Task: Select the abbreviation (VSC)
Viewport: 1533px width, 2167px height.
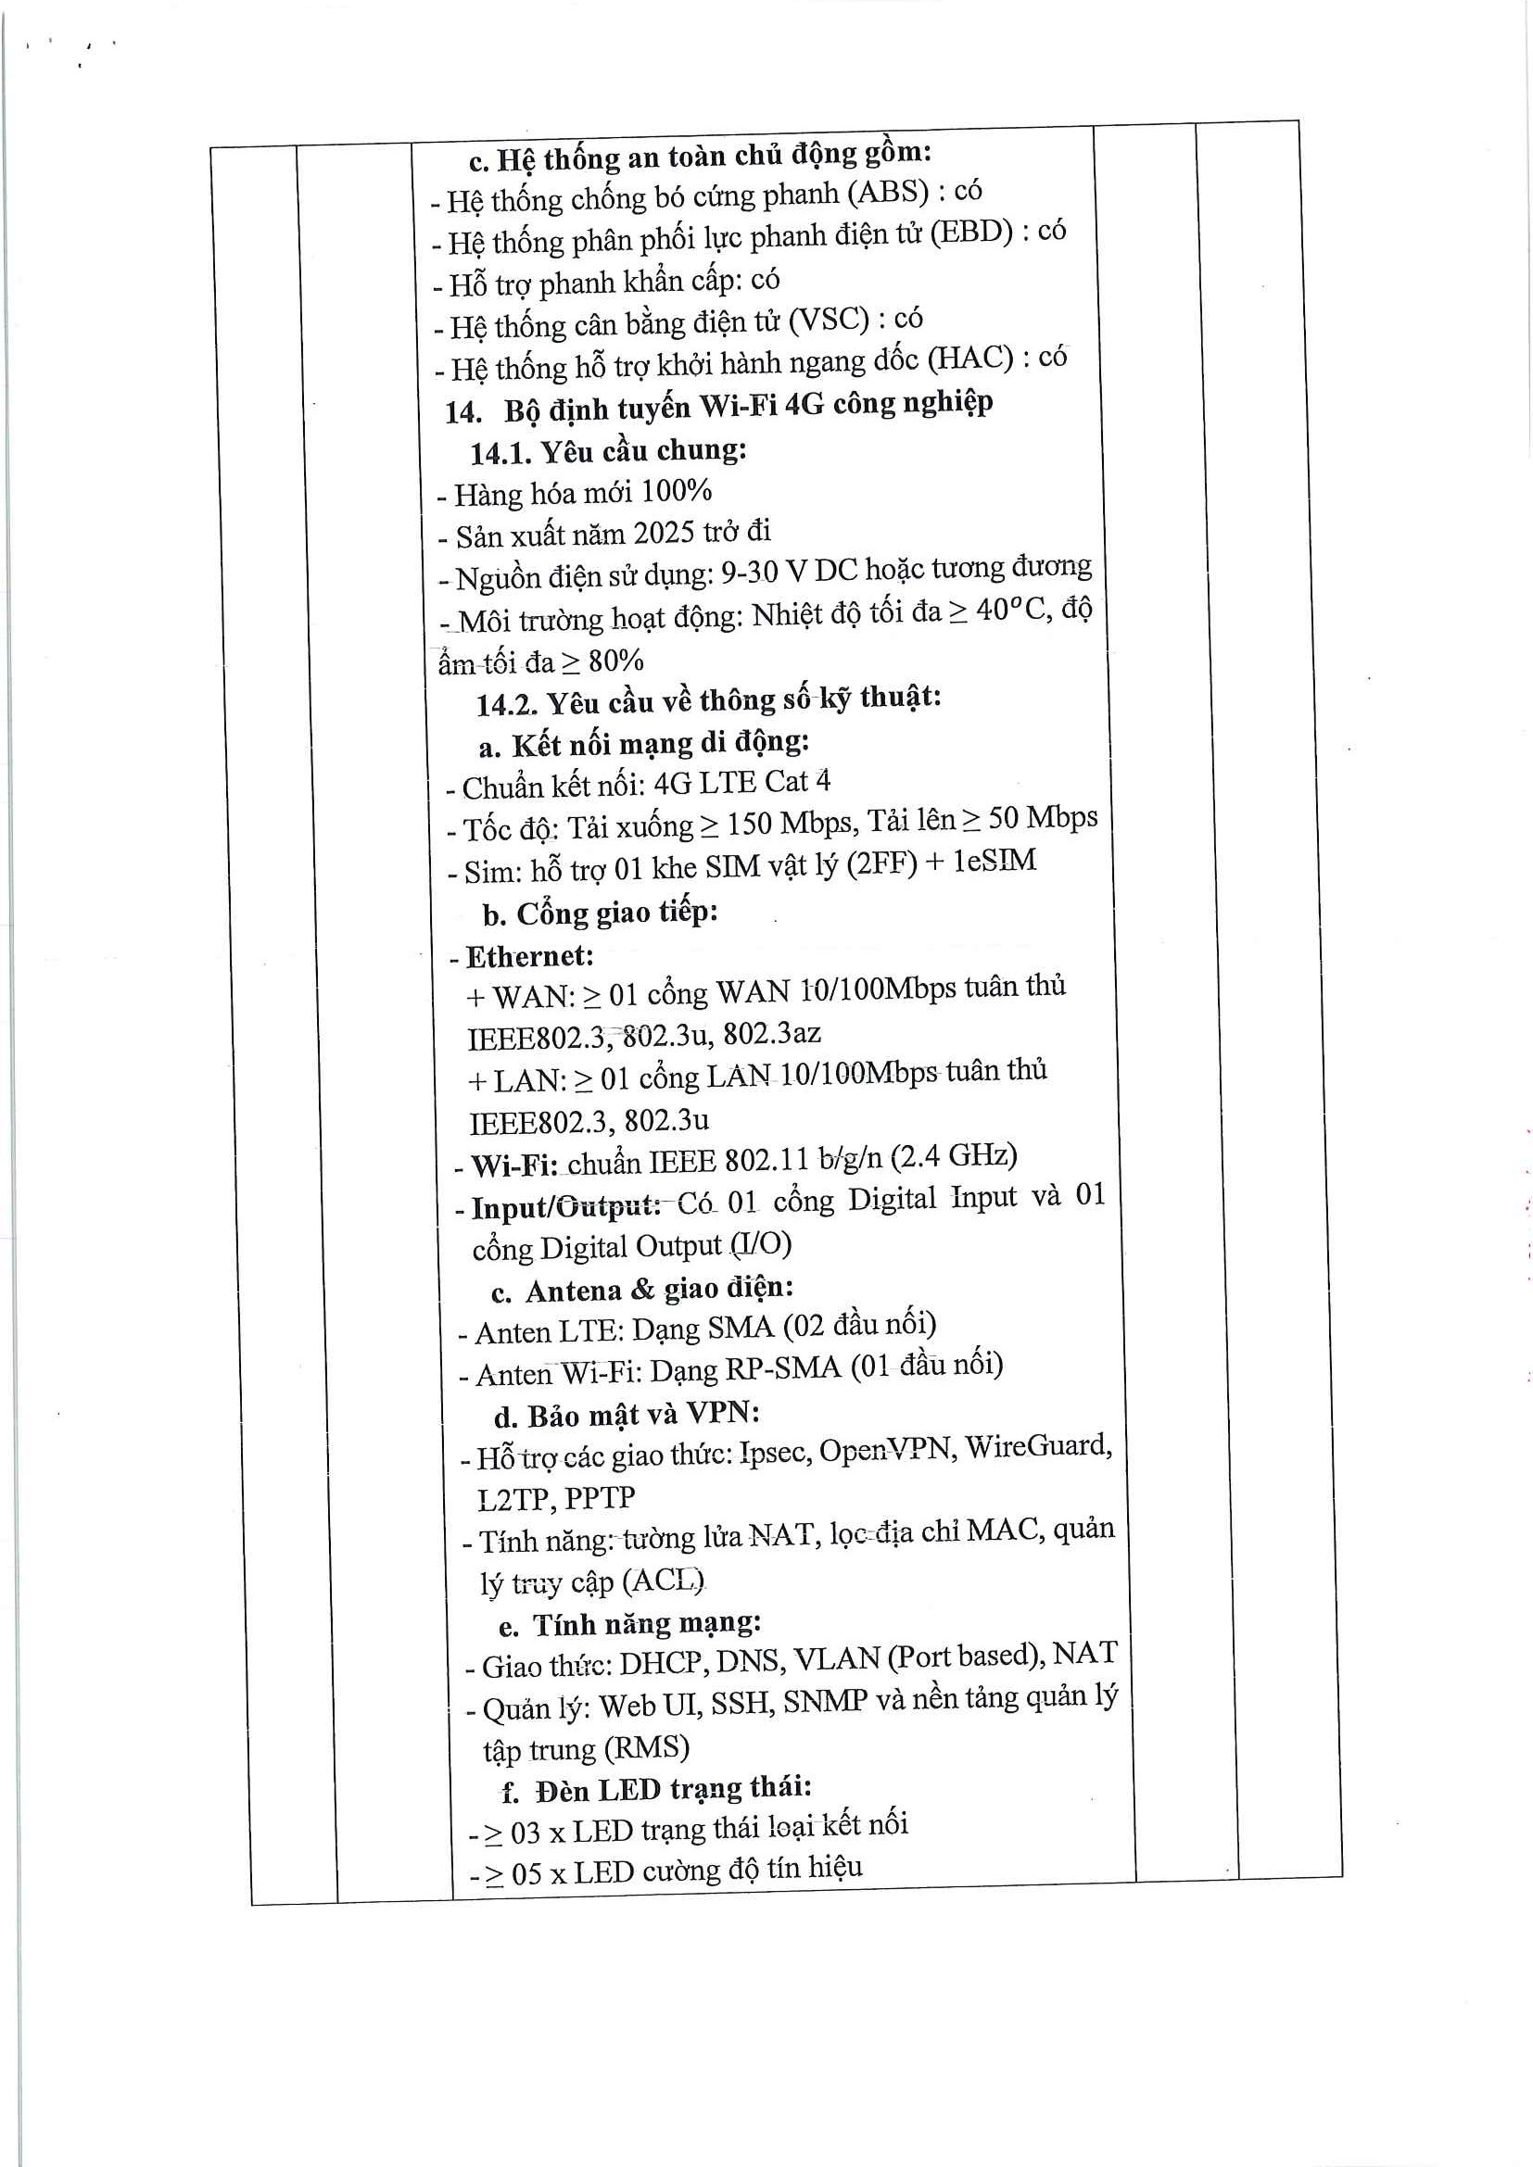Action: pyautogui.click(x=828, y=320)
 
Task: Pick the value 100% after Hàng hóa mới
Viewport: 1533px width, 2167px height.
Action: pyautogui.click(x=676, y=492)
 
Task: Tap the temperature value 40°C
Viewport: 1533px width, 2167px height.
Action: pyautogui.click(x=1012, y=611)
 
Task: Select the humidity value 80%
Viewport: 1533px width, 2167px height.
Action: pyautogui.click(x=615, y=661)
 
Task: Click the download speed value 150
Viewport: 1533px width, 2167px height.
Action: pyautogui.click(x=750, y=824)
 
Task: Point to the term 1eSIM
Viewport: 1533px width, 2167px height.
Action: pyautogui.click(x=994, y=861)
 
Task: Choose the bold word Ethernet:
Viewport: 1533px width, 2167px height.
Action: pyautogui.click(x=529, y=957)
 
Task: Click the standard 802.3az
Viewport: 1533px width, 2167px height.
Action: pyautogui.click(x=771, y=1034)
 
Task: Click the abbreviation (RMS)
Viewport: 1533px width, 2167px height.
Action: pyautogui.click(x=647, y=1748)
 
